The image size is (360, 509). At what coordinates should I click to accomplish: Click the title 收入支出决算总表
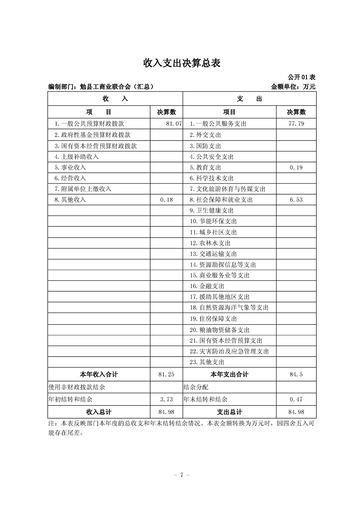pyautogui.click(x=182, y=63)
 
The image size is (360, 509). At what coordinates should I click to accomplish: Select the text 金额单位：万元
pyautogui.click(x=293, y=86)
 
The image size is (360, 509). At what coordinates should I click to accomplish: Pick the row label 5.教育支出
pyautogui.click(x=206, y=167)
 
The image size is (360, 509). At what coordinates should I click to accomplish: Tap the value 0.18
pyautogui.click(x=167, y=200)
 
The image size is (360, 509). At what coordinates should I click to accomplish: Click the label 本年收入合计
pyautogui.click(x=99, y=375)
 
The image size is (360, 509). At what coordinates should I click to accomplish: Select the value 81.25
pyautogui.click(x=167, y=375)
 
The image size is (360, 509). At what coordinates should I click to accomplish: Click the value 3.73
pyautogui.click(x=167, y=400)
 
